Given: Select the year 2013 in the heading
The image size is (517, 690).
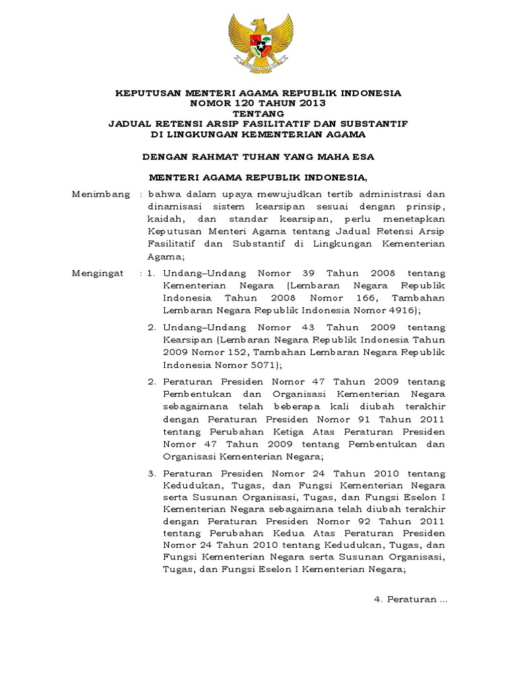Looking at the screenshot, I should tap(311, 103).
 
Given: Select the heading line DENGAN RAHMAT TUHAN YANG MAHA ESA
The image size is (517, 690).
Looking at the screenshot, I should tap(258, 156).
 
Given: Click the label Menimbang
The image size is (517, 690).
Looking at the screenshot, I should tap(100, 194).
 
